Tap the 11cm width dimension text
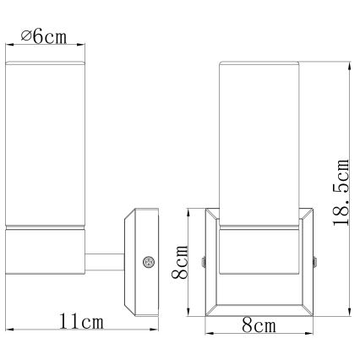tap(82, 322)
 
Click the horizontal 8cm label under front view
tap(260, 326)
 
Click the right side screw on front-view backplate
tap(316, 263)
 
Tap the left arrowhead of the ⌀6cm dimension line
tap(10, 46)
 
